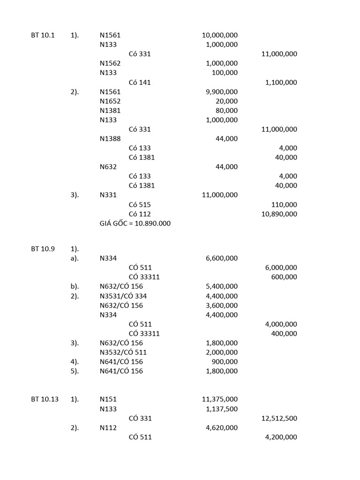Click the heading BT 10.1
43,35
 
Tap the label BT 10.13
45,399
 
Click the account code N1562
110,63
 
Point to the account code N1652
110,101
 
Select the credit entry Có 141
140,82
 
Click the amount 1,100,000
281,82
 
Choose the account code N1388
110,139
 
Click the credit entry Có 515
140,205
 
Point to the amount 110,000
284,205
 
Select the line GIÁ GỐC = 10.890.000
135,224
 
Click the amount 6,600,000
221,258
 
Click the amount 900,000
225,362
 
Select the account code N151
108,399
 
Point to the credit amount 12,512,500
279,419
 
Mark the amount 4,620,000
221,428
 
